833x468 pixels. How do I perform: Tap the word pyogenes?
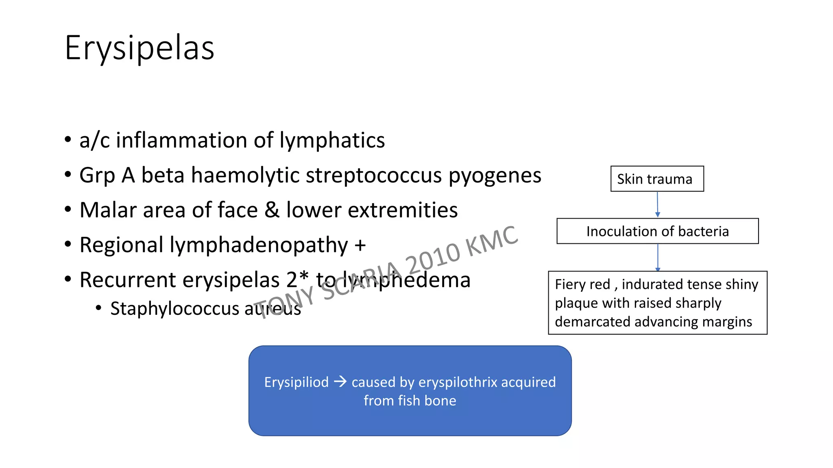495,175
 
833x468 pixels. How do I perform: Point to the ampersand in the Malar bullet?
272,210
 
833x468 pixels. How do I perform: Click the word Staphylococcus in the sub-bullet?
174,309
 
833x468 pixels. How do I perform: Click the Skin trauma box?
657,179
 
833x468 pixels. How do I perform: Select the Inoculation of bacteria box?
657,231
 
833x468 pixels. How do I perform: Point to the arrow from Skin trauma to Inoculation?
657,204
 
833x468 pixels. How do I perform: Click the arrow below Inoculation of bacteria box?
658,257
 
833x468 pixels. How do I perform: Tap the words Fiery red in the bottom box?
582,284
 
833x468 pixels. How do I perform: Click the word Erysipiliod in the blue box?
296,382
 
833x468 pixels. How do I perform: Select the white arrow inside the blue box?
340,381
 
